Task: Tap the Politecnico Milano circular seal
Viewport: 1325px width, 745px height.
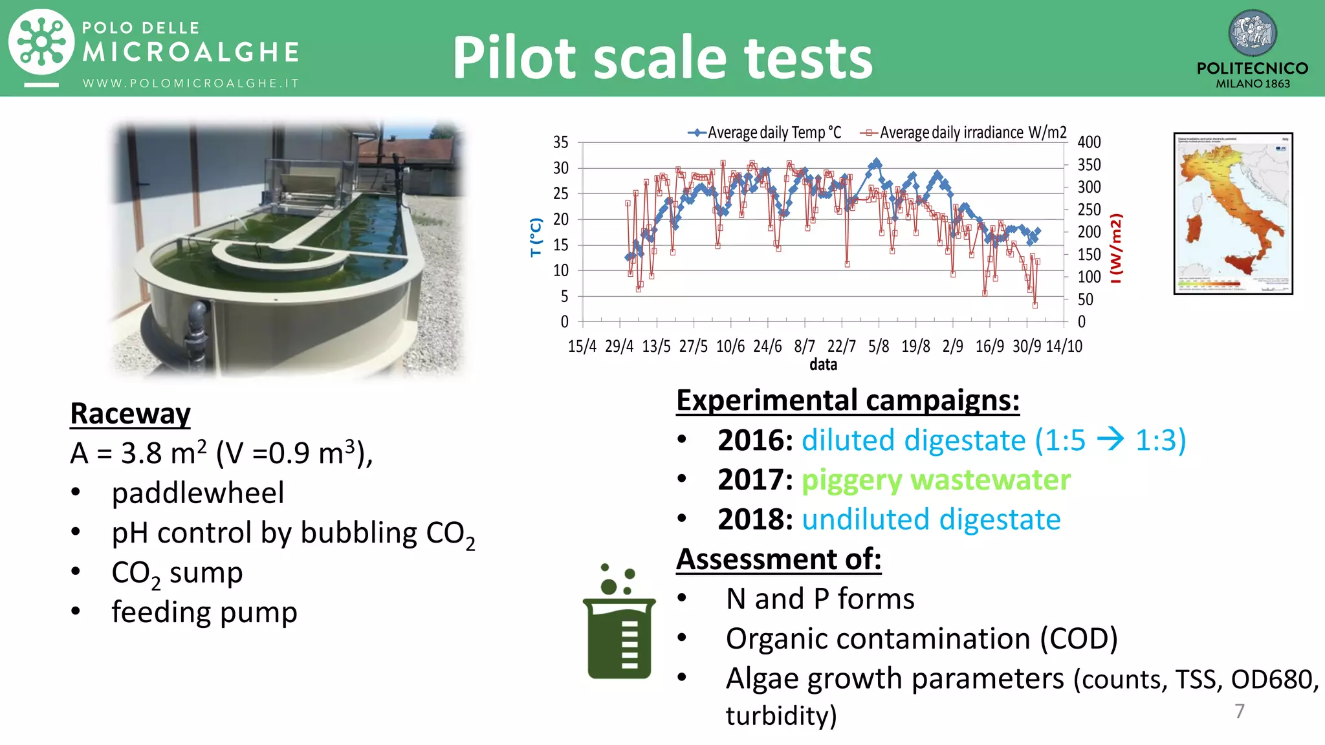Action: pos(1252,34)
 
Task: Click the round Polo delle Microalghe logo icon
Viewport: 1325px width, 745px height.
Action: pos(41,43)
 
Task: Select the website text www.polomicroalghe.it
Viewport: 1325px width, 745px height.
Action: pos(190,83)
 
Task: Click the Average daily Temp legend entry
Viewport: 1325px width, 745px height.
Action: pos(765,133)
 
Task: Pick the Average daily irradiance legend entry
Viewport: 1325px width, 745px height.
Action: pos(964,133)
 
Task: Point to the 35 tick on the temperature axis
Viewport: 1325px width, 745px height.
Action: pos(560,142)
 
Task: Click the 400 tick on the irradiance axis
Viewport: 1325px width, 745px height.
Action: pos(1089,142)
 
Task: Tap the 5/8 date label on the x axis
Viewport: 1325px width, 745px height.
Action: pos(879,347)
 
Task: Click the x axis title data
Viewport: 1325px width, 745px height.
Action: pos(823,365)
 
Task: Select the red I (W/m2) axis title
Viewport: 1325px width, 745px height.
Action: pos(1115,248)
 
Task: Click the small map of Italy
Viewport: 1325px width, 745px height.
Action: pos(1233,213)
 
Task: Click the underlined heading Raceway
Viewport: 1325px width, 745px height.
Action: pos(130,414)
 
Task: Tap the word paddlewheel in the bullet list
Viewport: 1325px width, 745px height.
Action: pos(197,493)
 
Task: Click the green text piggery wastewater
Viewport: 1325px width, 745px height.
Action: pos(936,480)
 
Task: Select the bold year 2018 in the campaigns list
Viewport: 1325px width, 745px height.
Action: pos(754,519)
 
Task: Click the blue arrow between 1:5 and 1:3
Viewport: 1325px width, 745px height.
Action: pos(1110,440)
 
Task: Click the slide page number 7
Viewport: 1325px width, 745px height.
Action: pos(1239,711)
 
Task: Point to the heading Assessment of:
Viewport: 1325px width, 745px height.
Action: pos(778,559)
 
